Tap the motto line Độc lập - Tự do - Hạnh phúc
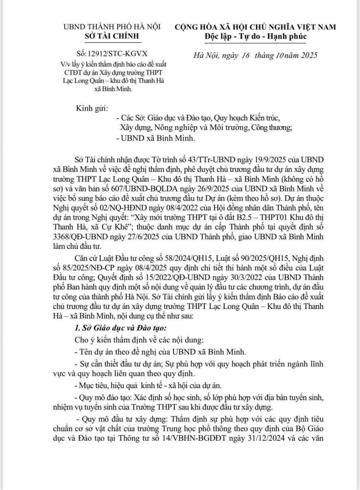pos(256,36)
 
